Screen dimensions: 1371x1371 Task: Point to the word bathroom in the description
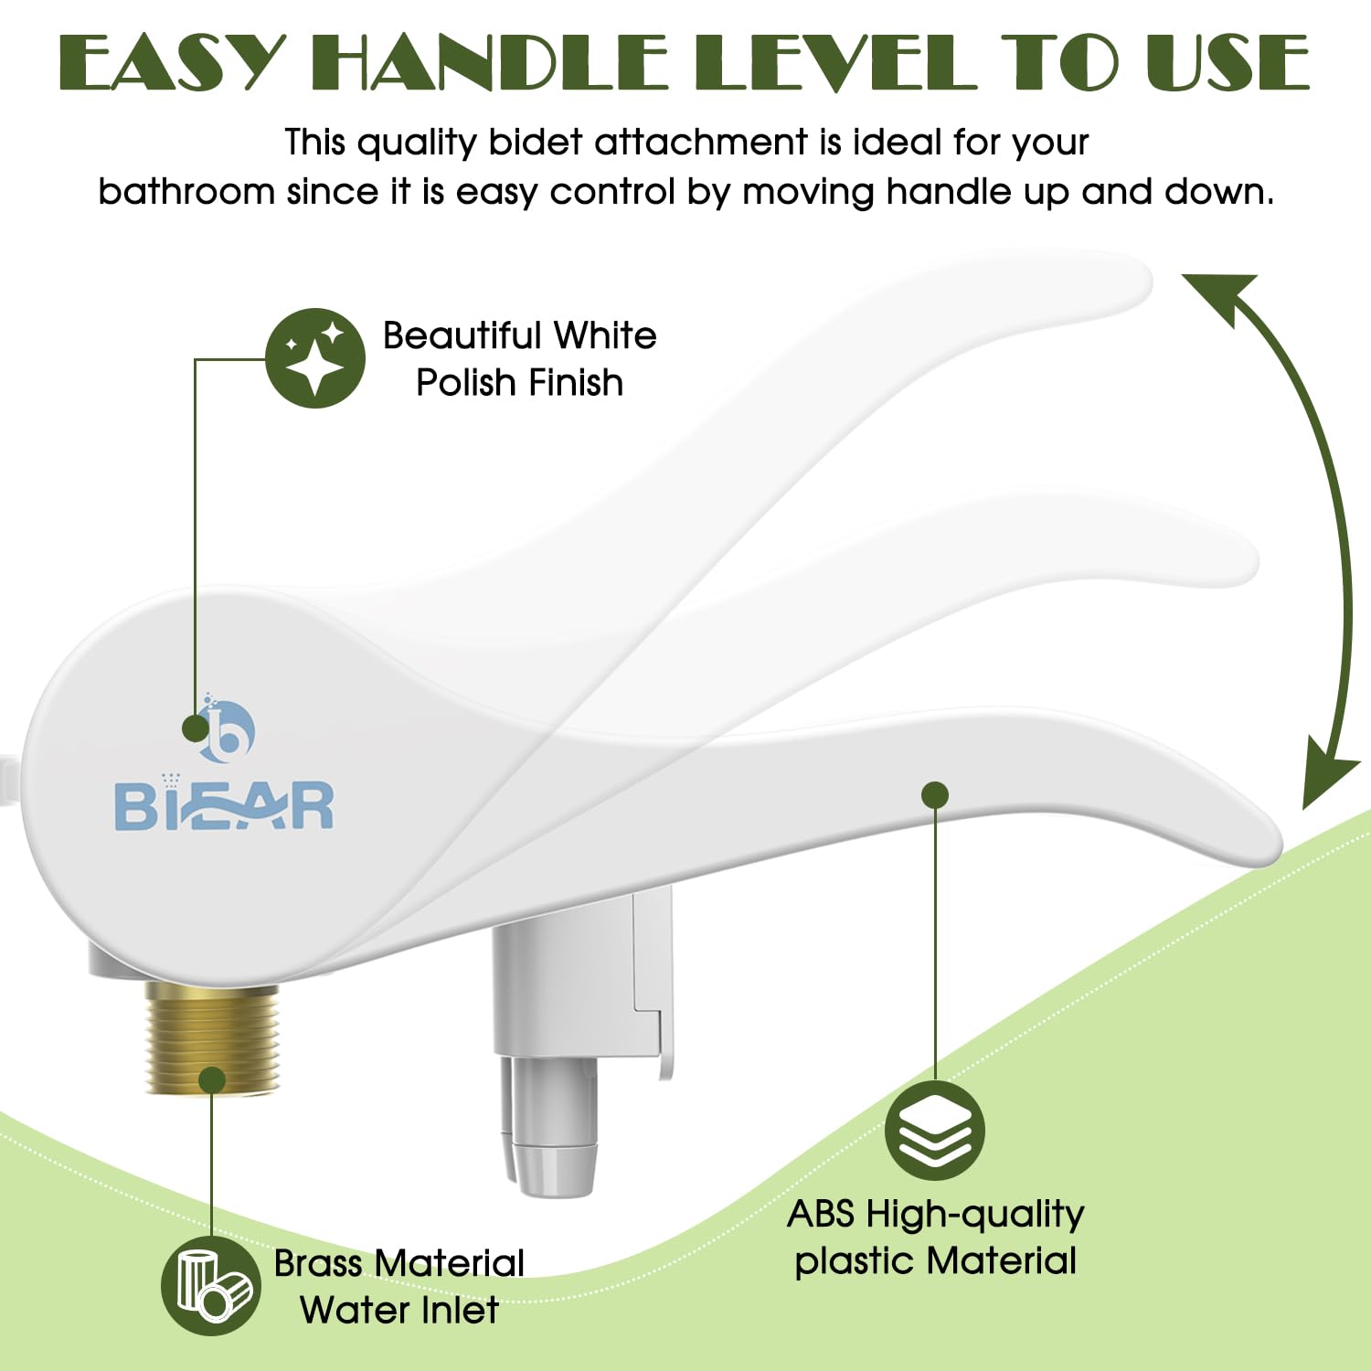[x=186, y=192]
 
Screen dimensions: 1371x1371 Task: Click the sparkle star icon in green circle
[x=315, y=358]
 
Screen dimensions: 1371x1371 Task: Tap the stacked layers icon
[x=934, y=1131]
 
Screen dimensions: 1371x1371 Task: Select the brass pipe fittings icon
[x=211, y=1285]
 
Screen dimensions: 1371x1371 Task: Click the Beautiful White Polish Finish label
[x=519, y=359]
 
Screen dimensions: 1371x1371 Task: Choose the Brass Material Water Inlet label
[x=399, y=1287]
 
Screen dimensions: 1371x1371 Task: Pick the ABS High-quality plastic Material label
[x=935, y=1238]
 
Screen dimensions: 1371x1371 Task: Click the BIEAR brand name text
[x=224, y=806]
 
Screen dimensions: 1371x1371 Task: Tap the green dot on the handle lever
[x=934, y=795]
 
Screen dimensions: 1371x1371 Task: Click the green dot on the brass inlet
[x=212, y=1079]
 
